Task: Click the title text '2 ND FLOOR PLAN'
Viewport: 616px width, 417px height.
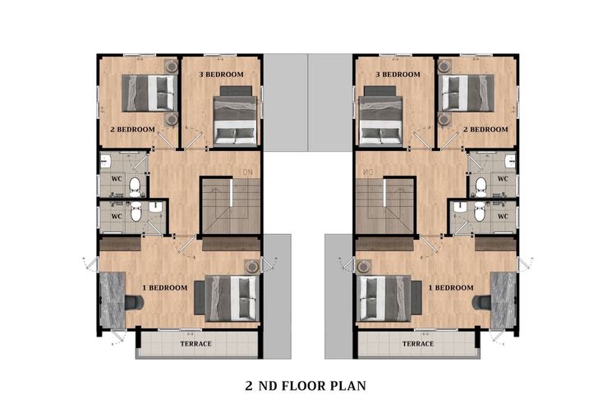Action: tap(306, 386)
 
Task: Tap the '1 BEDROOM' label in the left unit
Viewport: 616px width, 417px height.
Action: tap(164, 288)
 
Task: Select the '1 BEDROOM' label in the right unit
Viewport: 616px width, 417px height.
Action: tap(451, 288)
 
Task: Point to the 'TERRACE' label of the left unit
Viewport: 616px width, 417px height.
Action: tap(195, 344)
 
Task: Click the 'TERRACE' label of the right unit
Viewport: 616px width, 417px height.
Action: tap(417, 344)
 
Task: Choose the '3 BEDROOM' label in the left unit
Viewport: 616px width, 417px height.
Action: tap(221, 74)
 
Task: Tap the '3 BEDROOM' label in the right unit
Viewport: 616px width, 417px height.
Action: tap(398, 74)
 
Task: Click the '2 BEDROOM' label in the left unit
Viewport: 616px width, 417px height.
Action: tap(132, 129)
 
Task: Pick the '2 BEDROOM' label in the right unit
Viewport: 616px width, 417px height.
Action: tap(485, 129)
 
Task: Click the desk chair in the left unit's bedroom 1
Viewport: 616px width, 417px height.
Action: tap(134, 303)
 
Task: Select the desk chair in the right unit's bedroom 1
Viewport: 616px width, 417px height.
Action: tap(481, 303)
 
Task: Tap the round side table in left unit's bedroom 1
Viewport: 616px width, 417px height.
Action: tap(251, 266)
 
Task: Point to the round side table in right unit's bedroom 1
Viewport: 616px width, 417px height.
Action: tap(364, 266)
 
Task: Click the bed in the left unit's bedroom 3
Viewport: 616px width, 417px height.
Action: tap(236, 117)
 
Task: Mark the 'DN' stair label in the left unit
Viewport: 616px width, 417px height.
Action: tap(248, 172)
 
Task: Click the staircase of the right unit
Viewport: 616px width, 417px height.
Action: tap(385, 205)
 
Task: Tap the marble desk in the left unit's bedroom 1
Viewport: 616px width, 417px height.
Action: tap(113, 299)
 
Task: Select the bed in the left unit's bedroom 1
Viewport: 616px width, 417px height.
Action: tap(228, 298)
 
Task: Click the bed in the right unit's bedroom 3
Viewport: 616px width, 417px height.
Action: tap(380, 117)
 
